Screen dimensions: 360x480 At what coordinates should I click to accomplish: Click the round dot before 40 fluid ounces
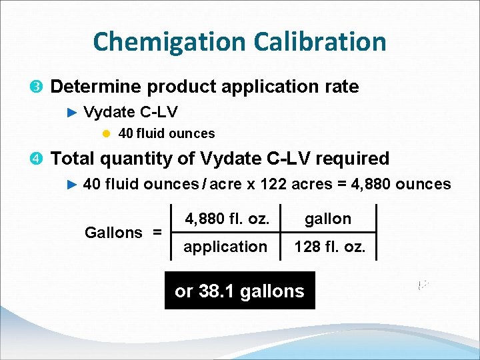pyautogui.click(x=106, y=134)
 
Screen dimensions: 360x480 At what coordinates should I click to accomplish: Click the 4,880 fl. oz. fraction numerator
pyautogui.click(x=227, y=219)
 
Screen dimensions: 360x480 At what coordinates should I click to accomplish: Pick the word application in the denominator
pyautogui.click(x=225, y=247)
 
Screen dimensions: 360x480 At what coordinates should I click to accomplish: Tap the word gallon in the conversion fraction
pyautogui.click(x=328, y=219)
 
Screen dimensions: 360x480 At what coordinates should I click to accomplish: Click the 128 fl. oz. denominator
pyautogui.click(x=329, y=247)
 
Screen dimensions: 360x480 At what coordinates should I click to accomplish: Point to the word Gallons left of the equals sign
pyautogui.click(x=113, y=233)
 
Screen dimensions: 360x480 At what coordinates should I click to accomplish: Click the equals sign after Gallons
pyautogui.click(x=157, y=233)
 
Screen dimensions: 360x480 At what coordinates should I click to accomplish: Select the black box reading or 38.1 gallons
pyautogui.click(x=239, y=291)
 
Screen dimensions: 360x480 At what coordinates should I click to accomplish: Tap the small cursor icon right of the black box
pyautogui.click(x=422, y=285)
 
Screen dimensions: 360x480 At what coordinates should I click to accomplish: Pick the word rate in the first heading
pyautogui.click(x=342, y=87)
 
